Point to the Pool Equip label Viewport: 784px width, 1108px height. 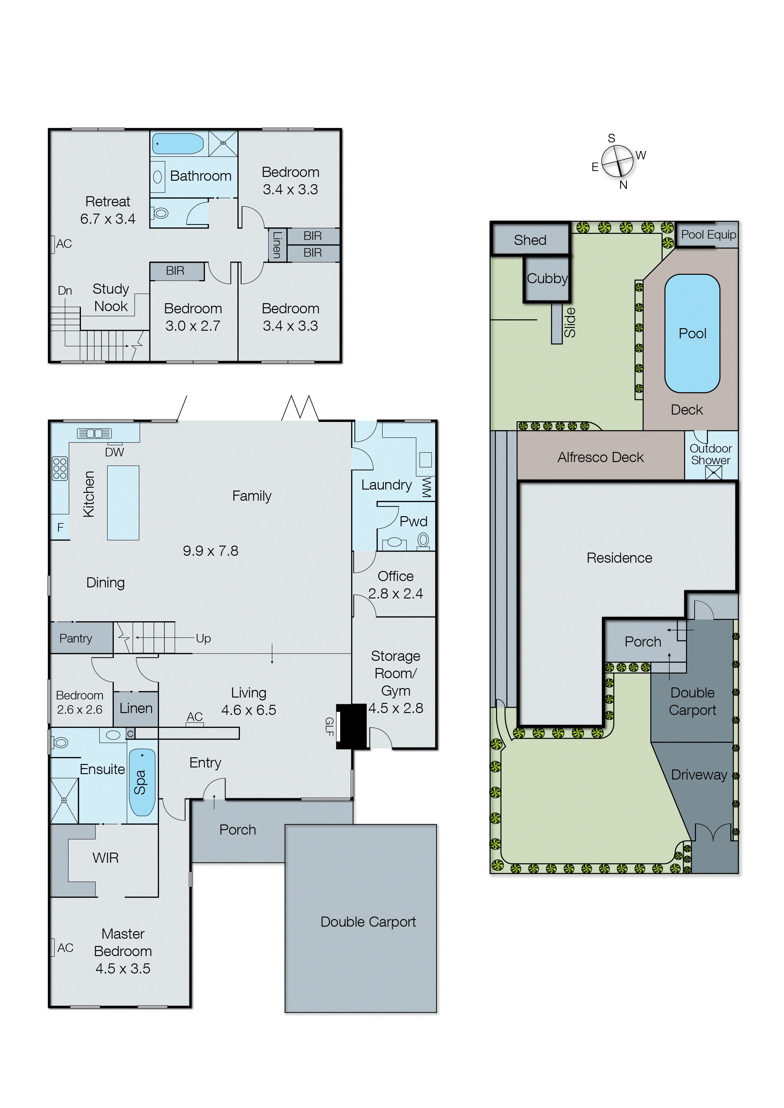pos(708,235)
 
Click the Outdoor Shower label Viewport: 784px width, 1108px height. pos(711,454)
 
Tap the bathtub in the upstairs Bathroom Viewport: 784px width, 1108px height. pos(178,143)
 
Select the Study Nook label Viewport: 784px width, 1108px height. pos(111,298)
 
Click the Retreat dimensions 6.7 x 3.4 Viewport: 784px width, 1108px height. pos(108,219)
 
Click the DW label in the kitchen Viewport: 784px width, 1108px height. pos(114,452)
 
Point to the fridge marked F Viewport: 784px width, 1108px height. pos(60,528)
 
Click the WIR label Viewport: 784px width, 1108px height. pos(105,858)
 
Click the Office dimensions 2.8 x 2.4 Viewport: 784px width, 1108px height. pos(395,593)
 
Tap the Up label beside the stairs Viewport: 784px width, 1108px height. pos(203,638)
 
